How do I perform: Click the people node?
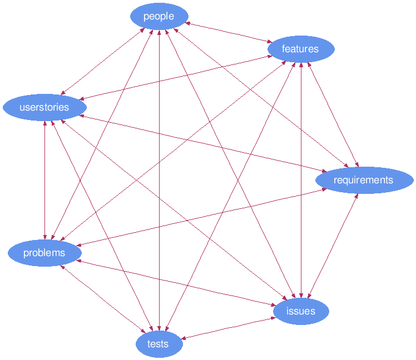click(159, 16)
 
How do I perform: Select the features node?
click(300, 49)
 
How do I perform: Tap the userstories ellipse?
click(44, 107)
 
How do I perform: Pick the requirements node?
click(363, 180)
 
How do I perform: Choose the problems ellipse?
click(44, 253)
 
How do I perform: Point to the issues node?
click(301, 311)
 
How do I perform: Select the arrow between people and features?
click(228, 32)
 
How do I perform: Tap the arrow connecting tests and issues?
click(229, 327)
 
